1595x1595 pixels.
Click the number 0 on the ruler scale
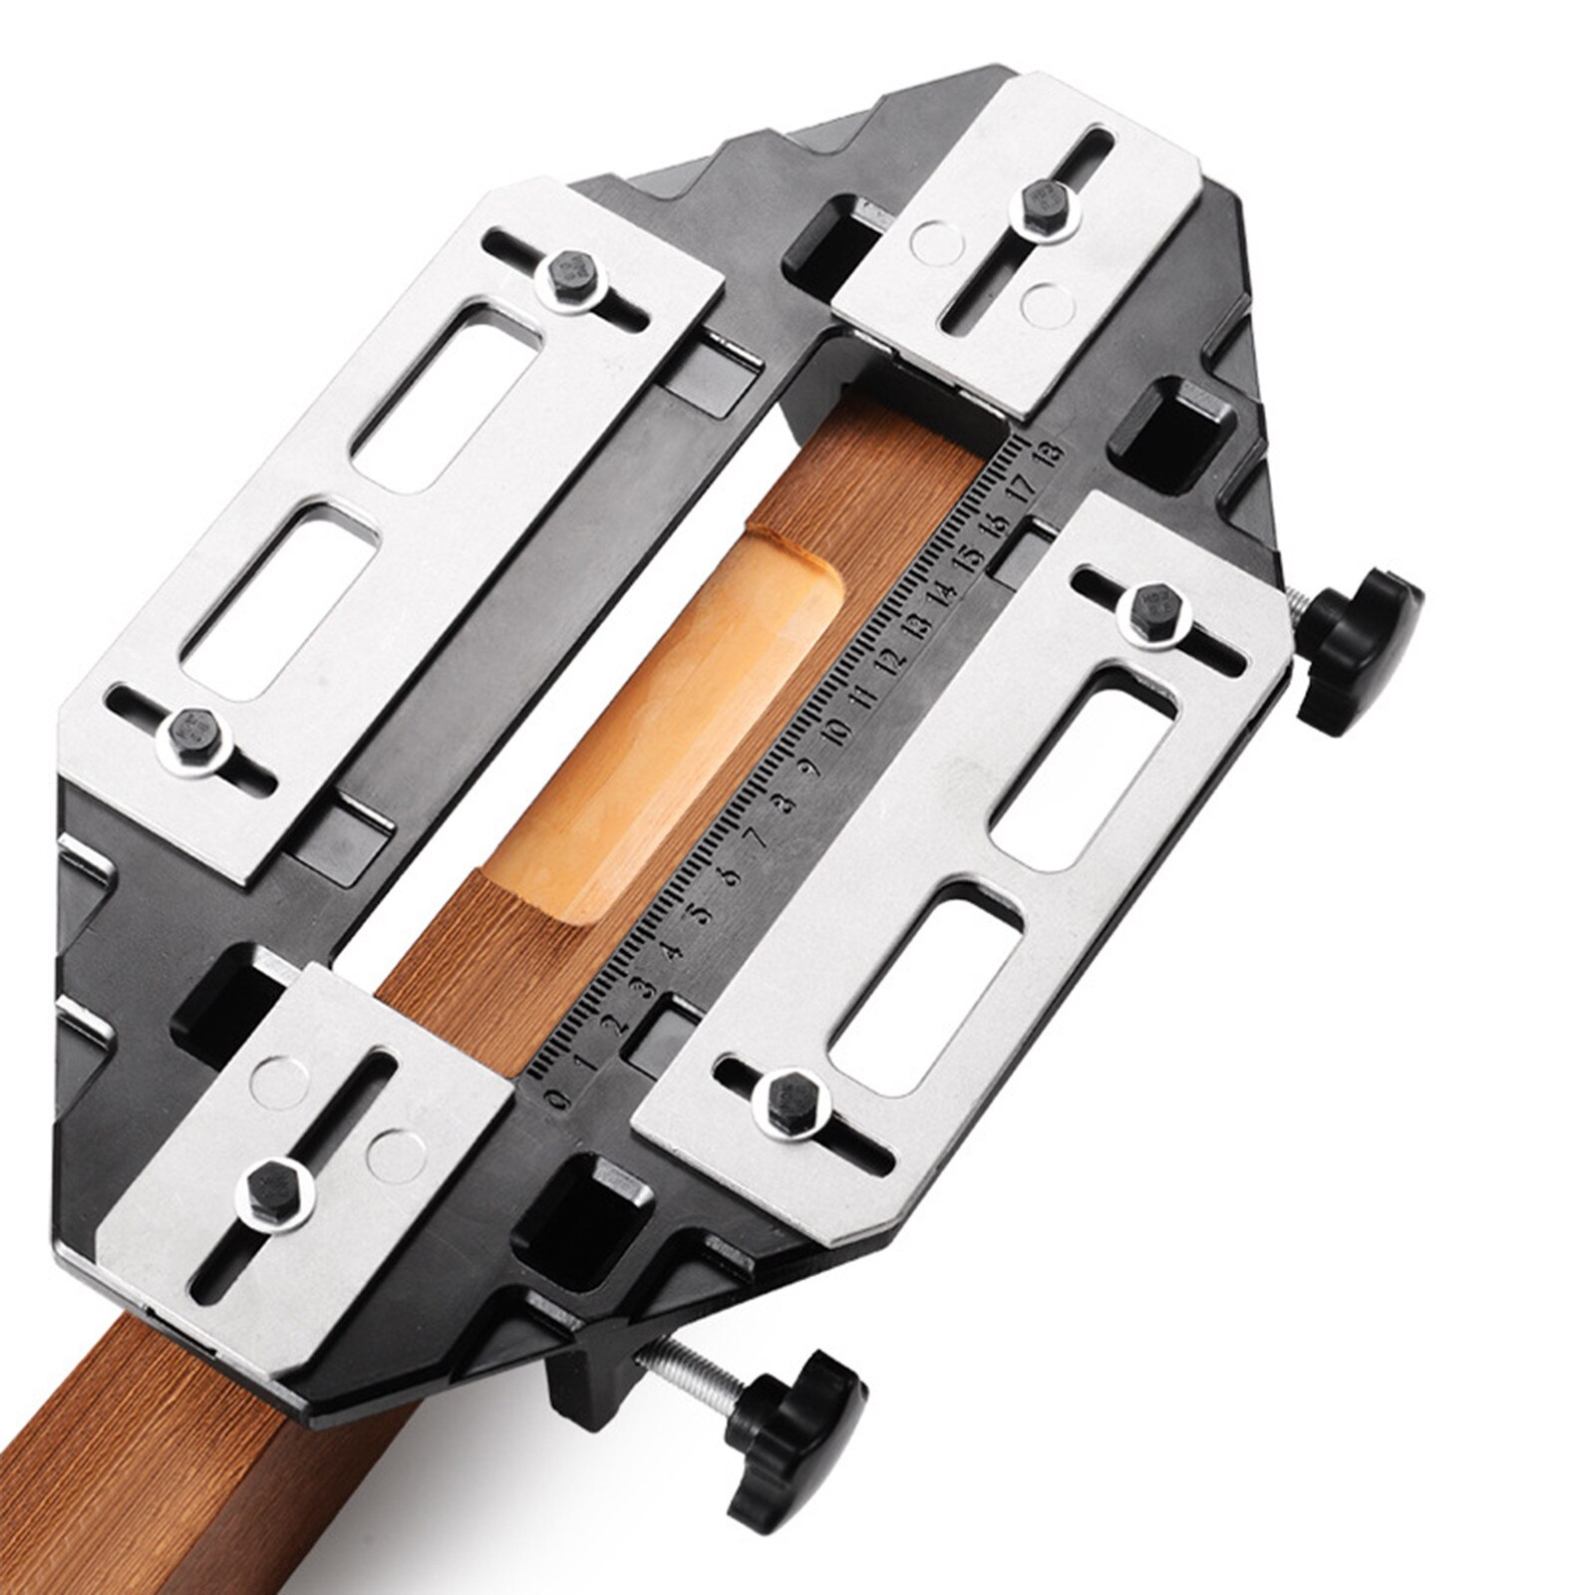[x=559, y=1097]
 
